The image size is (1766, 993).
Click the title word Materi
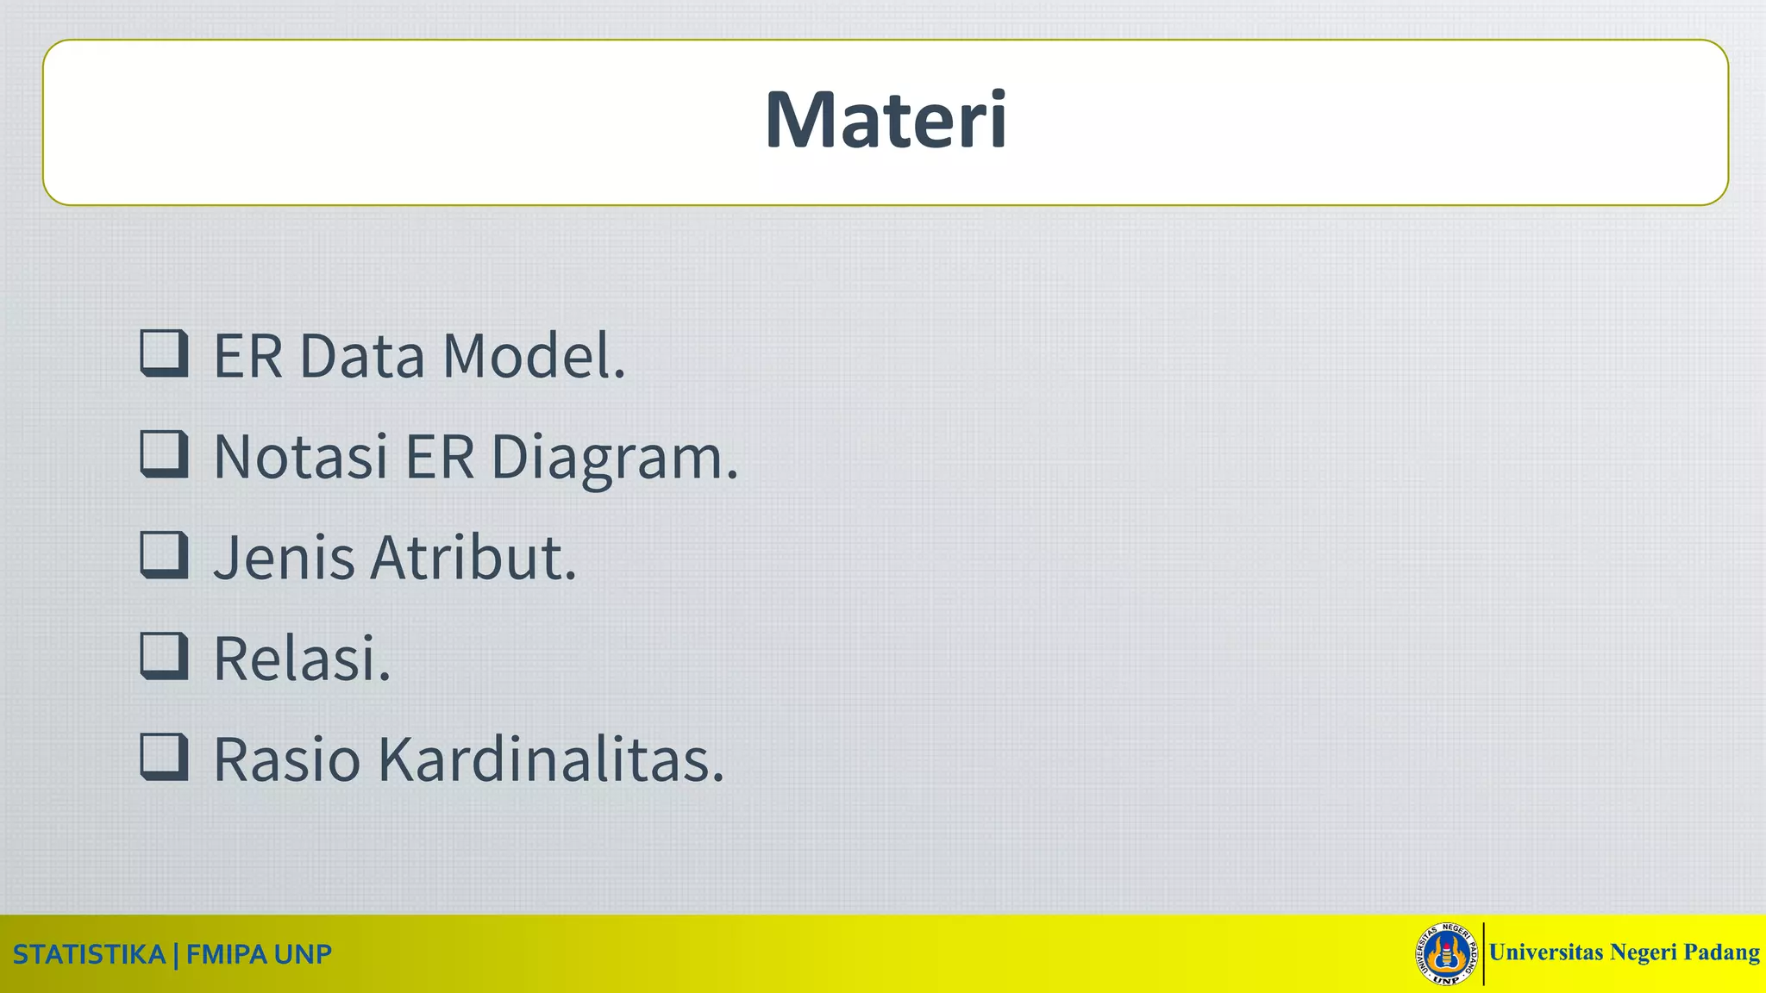886,120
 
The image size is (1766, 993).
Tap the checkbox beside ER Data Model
164,353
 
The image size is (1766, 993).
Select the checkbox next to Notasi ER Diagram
164,454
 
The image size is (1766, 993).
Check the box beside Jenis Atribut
164,555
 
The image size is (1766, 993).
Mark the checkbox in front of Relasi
164,656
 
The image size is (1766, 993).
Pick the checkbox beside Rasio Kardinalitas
164,757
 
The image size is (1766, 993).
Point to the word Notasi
300,457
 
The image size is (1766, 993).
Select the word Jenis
284,558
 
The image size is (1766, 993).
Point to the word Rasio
286,759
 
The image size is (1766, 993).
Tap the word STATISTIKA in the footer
89,955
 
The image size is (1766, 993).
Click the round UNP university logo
1446,953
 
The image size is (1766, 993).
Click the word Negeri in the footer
1643,952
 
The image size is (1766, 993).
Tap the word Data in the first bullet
361,356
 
